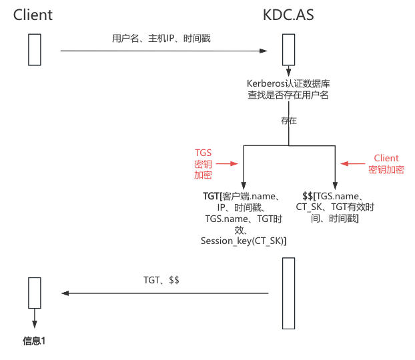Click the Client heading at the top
tap(33, 14)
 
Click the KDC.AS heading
tap(288, 14)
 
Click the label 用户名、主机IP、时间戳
tap(161, 39)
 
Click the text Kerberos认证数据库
tap(288, 83)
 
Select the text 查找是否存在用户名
tap(288, 95)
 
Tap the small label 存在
tap(288, 121)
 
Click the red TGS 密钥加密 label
tap(203, 163)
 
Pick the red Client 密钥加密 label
tap(386, 163)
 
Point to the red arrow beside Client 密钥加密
tap(352, 163)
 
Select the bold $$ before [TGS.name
tap(308, 196)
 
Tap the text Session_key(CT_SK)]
tap(244, 241)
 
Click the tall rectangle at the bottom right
tap(288, 293)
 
